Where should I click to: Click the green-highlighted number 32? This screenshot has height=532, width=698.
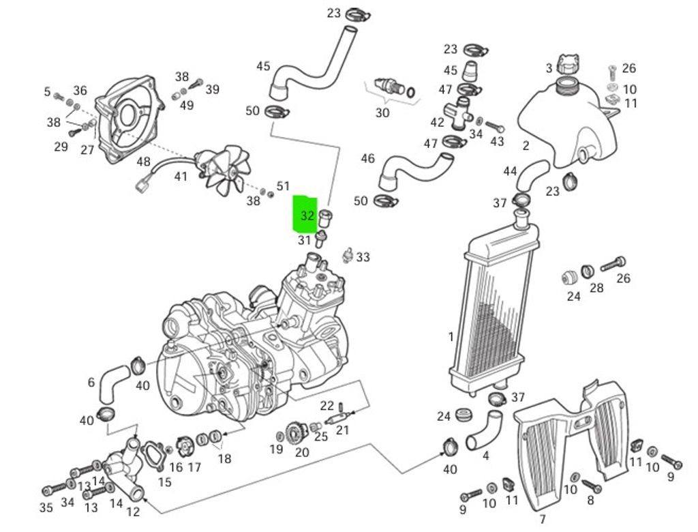tap(307, 216)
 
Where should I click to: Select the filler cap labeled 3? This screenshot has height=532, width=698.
tap(566, 65)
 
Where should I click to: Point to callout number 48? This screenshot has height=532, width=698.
tap(143, 162)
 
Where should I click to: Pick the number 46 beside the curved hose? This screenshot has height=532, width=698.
tap(367, 158)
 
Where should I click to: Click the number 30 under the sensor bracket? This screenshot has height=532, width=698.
tap(382, 113)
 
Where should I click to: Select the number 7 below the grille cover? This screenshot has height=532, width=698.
tap(543, 520)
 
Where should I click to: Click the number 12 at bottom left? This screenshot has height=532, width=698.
tap(133, 512)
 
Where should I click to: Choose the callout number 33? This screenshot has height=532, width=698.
tap(363, 257)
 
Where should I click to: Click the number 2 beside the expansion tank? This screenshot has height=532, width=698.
tap(526, 145)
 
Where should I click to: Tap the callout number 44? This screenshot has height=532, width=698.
tap(510, 171)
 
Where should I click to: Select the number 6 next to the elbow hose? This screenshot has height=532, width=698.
tap(91, 383)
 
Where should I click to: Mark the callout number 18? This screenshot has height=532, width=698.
tap(224, 458)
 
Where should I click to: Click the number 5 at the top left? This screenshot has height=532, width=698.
tap(47, 91)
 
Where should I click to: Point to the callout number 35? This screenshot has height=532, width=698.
tap(46, 507)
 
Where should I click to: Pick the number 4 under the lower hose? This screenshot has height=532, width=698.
tap(485, 455)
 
